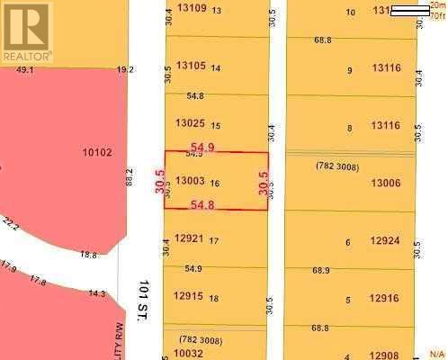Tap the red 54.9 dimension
tap(202, 147)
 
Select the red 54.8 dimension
tap(202, 205)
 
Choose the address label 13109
tap(192, 8)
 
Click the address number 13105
tap(192, 66)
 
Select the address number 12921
tap(190, 238)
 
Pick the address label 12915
tap(190, 296)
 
